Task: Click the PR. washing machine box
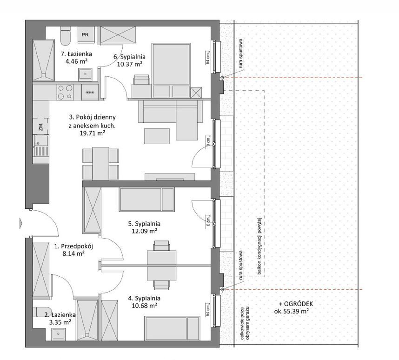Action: pyautogui.click(x=86, y=35)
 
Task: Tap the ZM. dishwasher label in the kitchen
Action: pyautogui.click(x=41, y=126)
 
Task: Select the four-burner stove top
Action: pyautogui.click(x=65, y=92)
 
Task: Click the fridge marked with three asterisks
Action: pyautogui.click(x=90, y=92)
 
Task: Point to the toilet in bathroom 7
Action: pyautogui.click(x=66, y=36)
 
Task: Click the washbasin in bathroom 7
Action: pyautogui.click(x=86, y=74)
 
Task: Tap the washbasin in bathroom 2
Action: pyautogui.click(x=59, y=334)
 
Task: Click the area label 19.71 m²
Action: pyautogui.click(x=93, y=133)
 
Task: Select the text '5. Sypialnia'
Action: pyautogui.click(x=144, y=224)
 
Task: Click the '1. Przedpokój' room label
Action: pyautogui.click(x=74, y=246)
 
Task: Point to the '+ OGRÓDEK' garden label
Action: pyautogui.click(x=296, y=304)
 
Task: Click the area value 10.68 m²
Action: pyautogui.click(x=144, y=306)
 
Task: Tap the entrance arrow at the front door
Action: pyautogui.click(x=21, y=223)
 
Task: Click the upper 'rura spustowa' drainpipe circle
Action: pyautogui.click(x=222, y=77)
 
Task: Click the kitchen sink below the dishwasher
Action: pyautogui.click(x=41, y=146)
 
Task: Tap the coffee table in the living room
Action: pyautogui.click(x=157, y=136)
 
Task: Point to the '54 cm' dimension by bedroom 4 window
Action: pyautogui.click(x=208, y=310)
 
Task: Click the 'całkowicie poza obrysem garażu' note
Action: pyautogui.click(x=244, y=323)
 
